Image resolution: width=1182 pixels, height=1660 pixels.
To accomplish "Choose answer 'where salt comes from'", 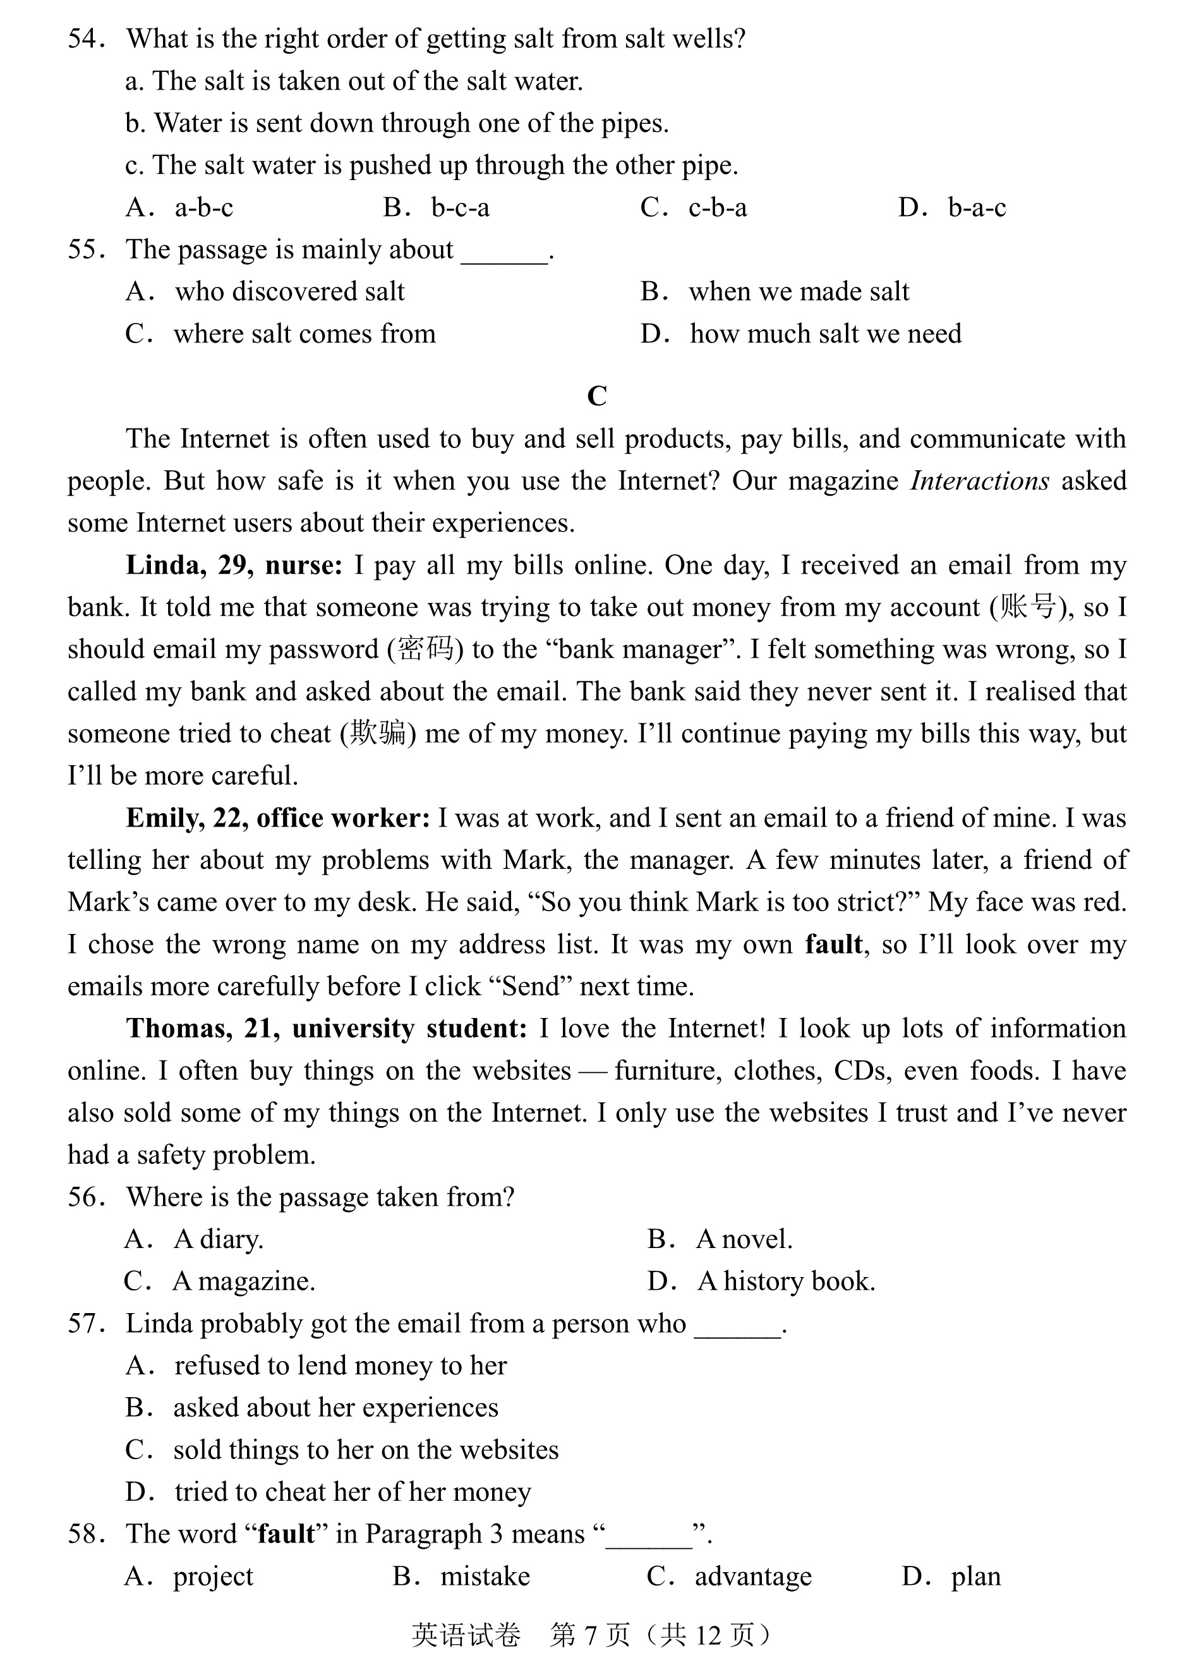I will coord(305,334).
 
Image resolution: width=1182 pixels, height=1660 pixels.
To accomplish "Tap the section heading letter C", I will coord(596,396).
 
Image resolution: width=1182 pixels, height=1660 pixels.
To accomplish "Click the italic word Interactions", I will coord(979,482).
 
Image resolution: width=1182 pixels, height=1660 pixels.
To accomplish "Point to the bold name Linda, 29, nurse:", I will coord(234,566).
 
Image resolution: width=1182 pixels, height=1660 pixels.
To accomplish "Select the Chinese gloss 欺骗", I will coord(377,734).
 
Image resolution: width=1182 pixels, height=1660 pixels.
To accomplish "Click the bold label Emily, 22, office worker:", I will coord(278,818).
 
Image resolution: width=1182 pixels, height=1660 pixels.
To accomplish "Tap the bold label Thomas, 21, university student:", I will coord(327,1029).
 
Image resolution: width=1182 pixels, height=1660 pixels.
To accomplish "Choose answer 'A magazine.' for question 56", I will coord(244,1281).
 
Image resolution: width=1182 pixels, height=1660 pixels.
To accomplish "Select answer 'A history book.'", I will coord(786,1281).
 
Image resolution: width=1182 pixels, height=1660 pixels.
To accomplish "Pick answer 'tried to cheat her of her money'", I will coord(353,1492).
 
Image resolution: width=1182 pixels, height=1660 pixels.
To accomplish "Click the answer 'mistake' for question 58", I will coord(485,1576).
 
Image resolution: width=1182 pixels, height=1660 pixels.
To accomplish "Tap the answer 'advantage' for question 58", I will coord(752,1576).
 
